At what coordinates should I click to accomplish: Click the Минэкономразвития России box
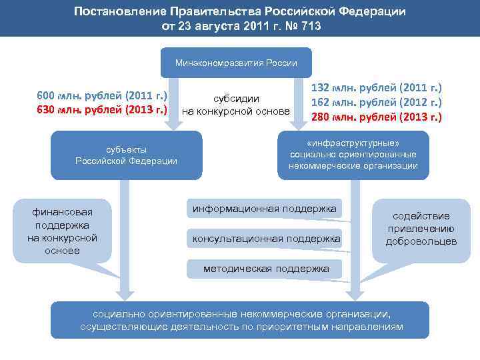tap(236, 63)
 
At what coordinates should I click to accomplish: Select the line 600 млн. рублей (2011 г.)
tap(101, 95)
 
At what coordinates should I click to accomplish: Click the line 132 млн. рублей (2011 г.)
tap(377, 87)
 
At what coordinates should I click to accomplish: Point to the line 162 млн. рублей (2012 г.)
tap(377, 102)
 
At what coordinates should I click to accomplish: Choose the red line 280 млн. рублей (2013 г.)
tap(377, 117)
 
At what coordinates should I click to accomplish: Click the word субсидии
tap(236, 98)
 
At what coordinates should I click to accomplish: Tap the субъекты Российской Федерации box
tap(126, 155)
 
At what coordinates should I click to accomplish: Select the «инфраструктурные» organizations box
tap(353, 155)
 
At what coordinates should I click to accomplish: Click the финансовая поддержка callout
tap(62, 231)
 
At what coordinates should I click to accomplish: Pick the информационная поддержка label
tap(264, 209)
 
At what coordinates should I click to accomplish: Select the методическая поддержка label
tap(266, 269)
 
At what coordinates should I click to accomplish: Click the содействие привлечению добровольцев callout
tap(421, 228)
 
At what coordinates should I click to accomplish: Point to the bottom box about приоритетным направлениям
tap(239, 320)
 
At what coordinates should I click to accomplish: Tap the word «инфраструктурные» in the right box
tap(353, 143)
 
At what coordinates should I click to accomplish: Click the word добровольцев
tap(421, 241)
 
